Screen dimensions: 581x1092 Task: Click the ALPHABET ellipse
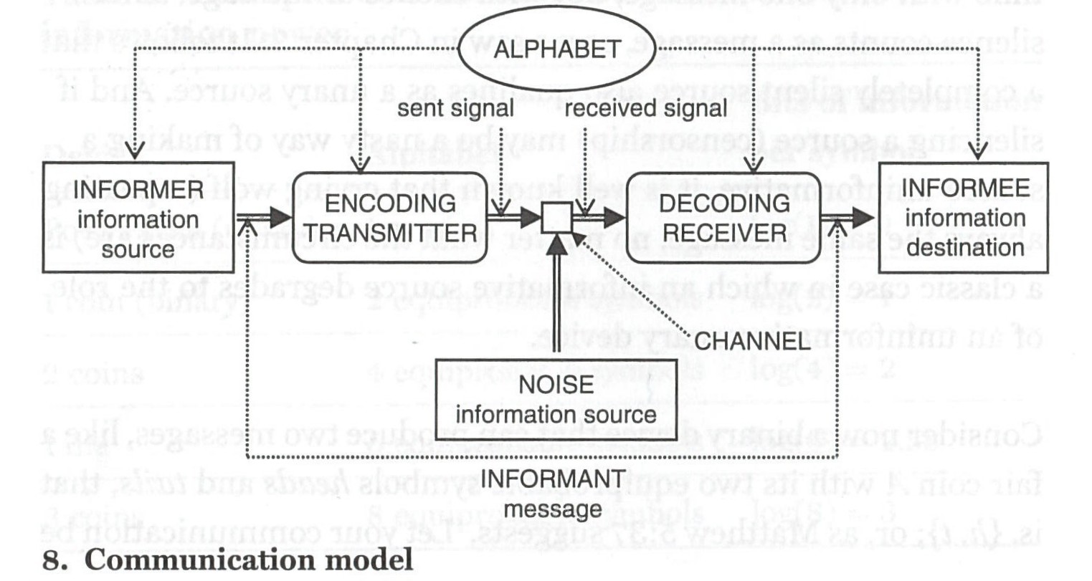(557, 49)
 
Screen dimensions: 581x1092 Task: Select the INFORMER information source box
(138, 219)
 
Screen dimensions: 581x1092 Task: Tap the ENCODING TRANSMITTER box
(391, 218)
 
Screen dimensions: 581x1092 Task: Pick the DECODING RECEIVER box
(723, 218)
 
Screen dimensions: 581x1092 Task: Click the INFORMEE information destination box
(964, 217)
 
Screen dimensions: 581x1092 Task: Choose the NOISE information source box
(556, 399)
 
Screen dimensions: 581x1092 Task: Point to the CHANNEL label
(752, 341)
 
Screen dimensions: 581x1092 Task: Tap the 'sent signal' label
(455, 109)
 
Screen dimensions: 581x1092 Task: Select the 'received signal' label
(646, 109)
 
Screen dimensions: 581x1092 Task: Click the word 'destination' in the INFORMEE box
(964, 248)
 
